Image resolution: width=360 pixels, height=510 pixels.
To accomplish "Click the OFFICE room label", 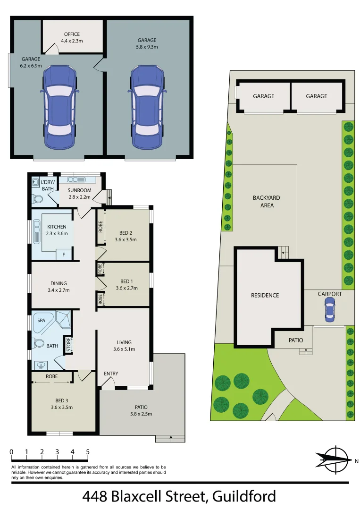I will pos(72,34).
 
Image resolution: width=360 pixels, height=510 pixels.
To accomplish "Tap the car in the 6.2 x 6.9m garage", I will pos(59,106).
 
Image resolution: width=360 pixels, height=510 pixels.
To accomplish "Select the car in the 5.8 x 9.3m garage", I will pos(147,106).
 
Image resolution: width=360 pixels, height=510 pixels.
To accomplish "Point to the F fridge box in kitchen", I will pos(64,255).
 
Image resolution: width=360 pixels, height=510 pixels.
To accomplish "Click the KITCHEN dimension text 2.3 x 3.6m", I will pos(57,233).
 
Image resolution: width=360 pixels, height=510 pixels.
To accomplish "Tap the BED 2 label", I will pos(125,233).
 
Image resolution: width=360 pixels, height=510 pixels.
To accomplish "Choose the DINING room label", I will pos(59,283).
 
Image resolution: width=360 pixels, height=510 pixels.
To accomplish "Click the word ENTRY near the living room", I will pos(111,374).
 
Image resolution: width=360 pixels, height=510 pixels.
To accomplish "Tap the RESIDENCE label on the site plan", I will pos(265,295).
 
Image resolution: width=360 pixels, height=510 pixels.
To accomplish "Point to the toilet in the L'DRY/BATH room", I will pos(37,199).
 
